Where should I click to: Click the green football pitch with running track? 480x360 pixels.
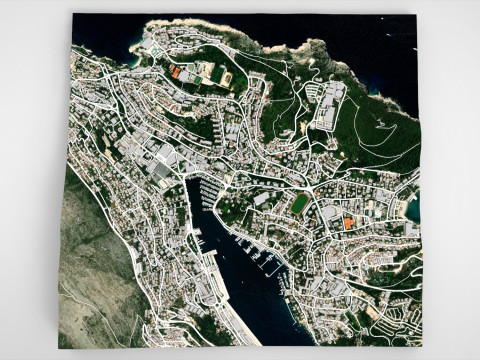pos(300,204)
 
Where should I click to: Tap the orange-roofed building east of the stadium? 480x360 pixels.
pos(348,224)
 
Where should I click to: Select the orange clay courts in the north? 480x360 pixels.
pos(176,72)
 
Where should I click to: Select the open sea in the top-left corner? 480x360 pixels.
pos(100,35)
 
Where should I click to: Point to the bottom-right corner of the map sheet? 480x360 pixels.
pos(420,346)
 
